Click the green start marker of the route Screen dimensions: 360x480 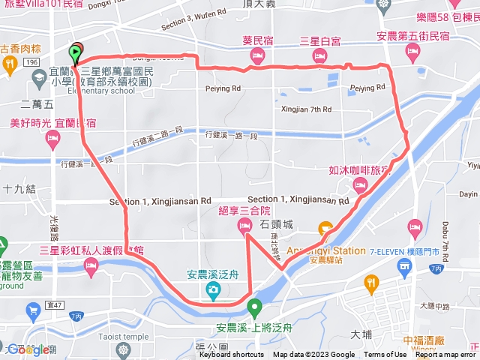tap(76, 53)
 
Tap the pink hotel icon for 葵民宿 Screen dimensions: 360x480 tap(256, 55)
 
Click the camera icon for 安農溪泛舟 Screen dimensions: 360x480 tap(214, 289)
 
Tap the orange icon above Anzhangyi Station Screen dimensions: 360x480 tap(325, 228)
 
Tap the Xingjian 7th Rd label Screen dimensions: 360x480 tap(305, 109)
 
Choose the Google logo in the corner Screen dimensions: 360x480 tap(28, 349)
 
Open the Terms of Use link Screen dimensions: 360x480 tap(385, 355)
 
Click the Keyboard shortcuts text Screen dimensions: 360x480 tap(231, 355)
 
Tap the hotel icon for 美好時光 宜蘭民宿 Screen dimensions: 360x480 tap(52, 137)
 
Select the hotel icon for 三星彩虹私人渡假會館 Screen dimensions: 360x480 tap(91, 265)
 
